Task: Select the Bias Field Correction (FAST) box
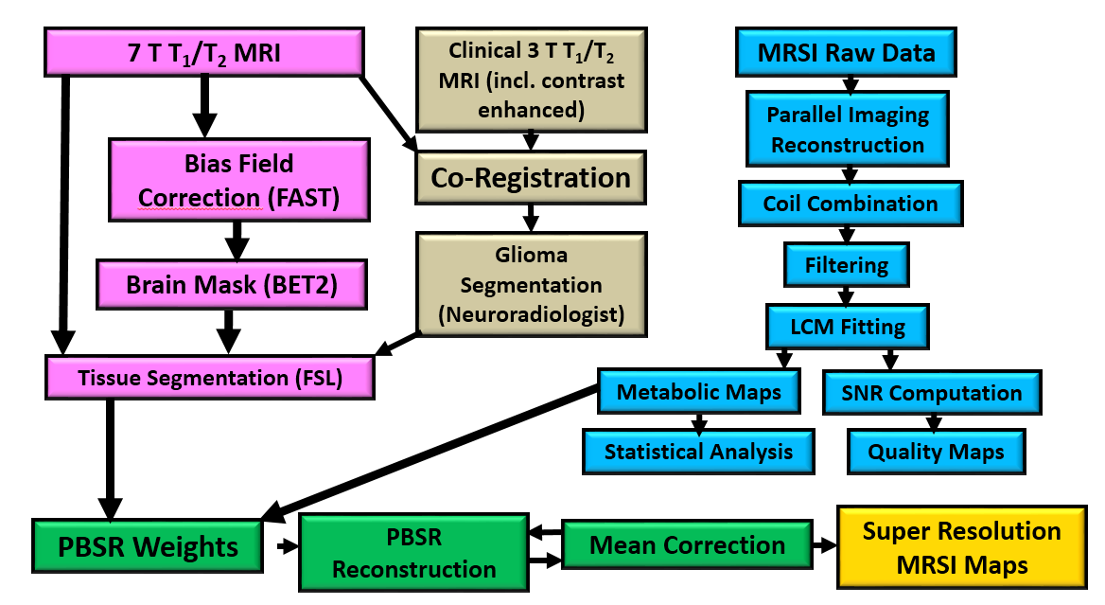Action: click(237, 180)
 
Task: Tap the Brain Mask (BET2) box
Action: click(230, 281)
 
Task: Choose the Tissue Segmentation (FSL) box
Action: click(209, 378)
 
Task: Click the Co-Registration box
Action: click(530, 177)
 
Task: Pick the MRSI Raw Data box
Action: click(846, 53)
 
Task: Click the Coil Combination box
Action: click(850, 204)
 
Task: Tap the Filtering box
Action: click(848, 265)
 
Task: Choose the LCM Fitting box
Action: click(848, 329)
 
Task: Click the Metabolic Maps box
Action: click(699, 392)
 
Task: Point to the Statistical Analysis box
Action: click(698, 452)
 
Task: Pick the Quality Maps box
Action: click(936, 452)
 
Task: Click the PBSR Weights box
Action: click(149, 547)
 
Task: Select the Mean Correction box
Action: click(687, 546)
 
